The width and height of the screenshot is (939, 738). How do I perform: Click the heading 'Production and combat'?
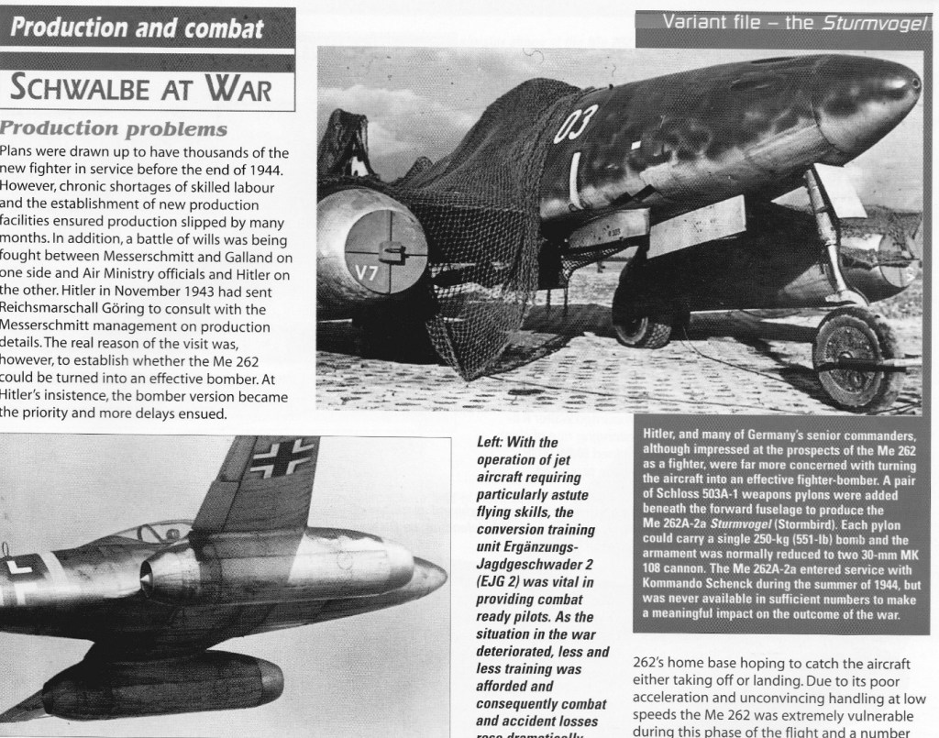tap(138, 28)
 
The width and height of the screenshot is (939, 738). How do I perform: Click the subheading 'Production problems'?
tap(114, 127)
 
